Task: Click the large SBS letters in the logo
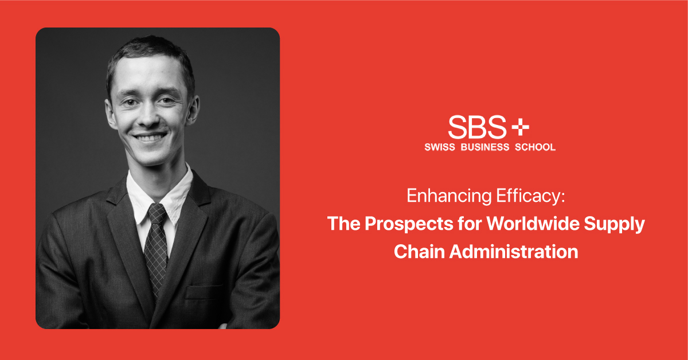pos(477,127)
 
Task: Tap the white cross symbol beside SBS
pos(520,127)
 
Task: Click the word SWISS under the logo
pos(440,147)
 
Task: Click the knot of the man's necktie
pos(157,214)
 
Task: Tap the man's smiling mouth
pos(151,138)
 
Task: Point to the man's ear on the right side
pos(194,109)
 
